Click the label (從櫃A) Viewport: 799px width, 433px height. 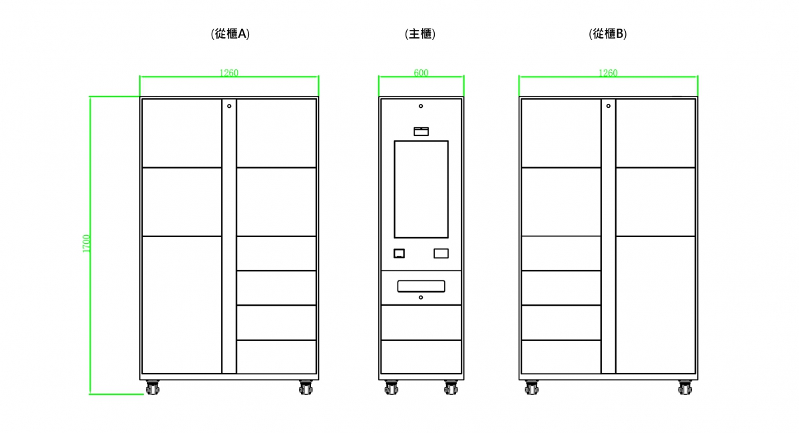click(230, 34)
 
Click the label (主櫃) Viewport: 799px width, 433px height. click(420, 34)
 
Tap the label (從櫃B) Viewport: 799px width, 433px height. click(608, 34)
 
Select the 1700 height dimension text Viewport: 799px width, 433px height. click(87, 243)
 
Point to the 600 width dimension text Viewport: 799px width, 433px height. click(421, 73)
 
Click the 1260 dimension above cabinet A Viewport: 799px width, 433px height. click(229, 73)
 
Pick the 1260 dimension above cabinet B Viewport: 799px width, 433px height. click(608, 73)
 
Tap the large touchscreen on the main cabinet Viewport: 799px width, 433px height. click(421, 189)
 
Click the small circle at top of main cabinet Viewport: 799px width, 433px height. click(421, 106)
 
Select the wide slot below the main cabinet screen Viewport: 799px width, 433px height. click(421, 286)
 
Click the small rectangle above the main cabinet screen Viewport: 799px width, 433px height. click(421, 131)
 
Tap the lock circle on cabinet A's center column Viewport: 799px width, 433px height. click(229, 106)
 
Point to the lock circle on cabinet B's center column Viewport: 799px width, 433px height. click(608, 106)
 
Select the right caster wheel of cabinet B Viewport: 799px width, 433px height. click(684, 387)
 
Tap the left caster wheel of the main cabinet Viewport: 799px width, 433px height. click(391, 387)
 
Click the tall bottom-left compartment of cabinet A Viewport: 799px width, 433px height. click(182, 304)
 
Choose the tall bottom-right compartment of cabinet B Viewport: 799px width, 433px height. click(655, 304)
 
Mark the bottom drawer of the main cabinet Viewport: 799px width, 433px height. click(421, 356)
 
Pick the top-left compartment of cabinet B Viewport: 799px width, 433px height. click(561, 133)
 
